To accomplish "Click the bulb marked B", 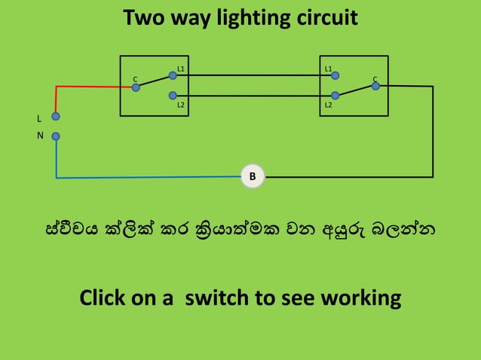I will point(253,177).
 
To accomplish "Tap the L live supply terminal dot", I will point(56,117).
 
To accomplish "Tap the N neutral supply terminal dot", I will point(56,136).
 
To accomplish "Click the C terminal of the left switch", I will point(136,87).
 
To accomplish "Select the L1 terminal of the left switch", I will point(173,75).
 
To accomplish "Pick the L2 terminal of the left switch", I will point(173,96).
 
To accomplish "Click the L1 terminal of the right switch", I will point(335,75).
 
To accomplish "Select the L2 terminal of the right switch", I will point(335,96).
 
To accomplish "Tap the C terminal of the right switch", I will point(374,87).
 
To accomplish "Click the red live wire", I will point(90,87).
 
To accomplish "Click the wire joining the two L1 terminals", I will point(253,75).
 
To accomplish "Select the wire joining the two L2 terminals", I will point(253,96).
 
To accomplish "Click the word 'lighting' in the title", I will point(250,18).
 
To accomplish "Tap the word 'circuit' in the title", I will point(325,18).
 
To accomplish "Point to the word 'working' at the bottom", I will point(360,298).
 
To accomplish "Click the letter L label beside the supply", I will point(39,119).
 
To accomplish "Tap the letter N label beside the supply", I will point(40,136).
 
